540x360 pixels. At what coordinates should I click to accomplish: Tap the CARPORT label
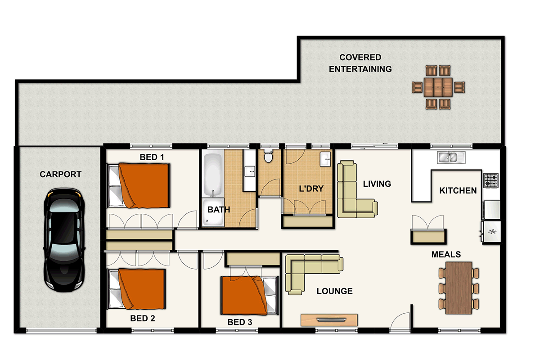pos(60,175)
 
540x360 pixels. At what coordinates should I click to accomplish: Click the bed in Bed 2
pos(136,288)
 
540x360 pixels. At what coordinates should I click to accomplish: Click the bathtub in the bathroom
pos(212,174)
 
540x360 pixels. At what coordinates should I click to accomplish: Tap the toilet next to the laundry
pos(269,157)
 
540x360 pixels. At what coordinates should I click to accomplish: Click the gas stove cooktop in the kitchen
pos(491,180)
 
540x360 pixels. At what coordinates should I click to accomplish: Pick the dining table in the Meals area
pos(459,288)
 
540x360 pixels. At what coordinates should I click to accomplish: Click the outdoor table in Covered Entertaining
pos(438,87)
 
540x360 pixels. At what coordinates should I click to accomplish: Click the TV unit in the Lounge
pos(329,320)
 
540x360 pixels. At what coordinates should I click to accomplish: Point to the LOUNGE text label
pos(334,291)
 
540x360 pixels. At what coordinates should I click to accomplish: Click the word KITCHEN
pos(458,191)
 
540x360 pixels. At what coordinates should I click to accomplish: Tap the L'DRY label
pos(311,189)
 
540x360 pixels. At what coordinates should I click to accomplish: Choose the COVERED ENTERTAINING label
pos(360,63)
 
